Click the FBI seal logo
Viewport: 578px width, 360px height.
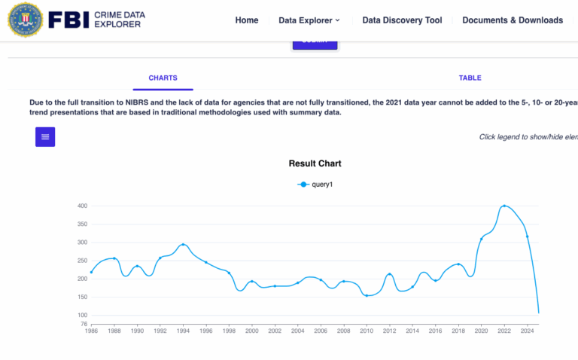click(x=26, y=20)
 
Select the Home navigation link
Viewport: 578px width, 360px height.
click(x=246, y=20)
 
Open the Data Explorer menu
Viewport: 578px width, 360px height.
click(x=309, y=20)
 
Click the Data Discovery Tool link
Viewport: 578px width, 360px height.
click(x=402, y=20)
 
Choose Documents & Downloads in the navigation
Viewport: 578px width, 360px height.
click(x=513, y=20)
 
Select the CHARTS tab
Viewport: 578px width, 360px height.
click(x=163, y=78)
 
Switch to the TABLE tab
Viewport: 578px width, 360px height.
click(x=470, y=78)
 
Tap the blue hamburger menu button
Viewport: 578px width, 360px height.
click(x=45, y=136)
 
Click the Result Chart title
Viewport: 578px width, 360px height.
click(x=315, y=163)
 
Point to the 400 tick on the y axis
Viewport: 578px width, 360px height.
click(x=82, y=206)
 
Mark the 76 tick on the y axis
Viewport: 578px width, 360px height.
click(x=84, y=324)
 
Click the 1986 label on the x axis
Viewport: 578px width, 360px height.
click(x=91, y=331)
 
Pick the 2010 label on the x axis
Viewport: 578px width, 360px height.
click(x=367, y=331)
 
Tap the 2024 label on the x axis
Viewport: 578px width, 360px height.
click(x=527, y=331)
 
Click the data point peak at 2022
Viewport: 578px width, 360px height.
click(x=503, y=206)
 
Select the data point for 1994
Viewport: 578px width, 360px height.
click(x=183, y=245)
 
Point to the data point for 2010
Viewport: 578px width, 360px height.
click(x=367, y=295)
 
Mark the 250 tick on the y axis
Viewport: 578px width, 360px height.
click(x=82, y=261)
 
